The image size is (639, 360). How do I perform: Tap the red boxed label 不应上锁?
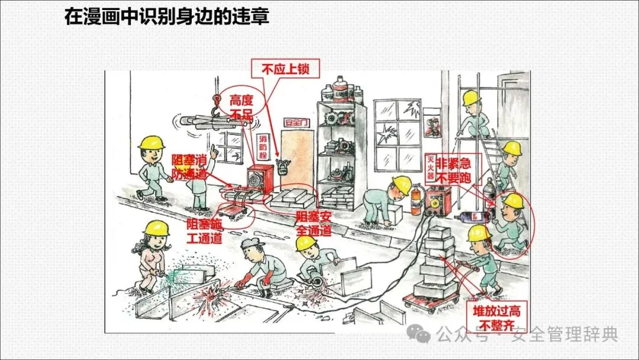[x=286, y=69]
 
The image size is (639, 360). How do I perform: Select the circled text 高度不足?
[x=241, y=107]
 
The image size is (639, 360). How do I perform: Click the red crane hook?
[x=217, y=106]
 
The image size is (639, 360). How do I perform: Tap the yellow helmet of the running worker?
[x=512, y=201]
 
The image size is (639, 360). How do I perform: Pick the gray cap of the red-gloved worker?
[x=253, y=243]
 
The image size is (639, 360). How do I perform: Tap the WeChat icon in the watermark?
[x=423, y=335]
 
